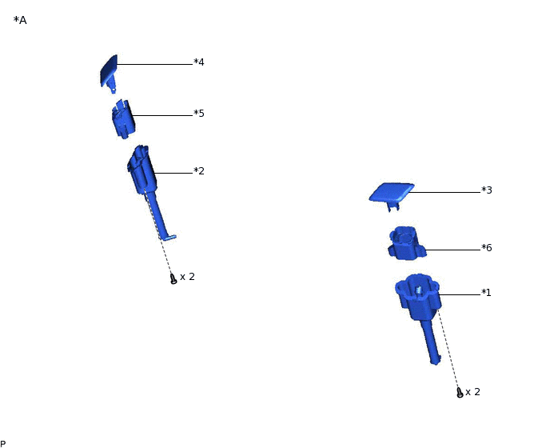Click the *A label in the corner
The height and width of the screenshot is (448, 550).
[x=20, y=20]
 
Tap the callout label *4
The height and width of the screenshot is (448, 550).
[x=199, y=62]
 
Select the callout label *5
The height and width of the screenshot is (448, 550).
[x=199, y=114]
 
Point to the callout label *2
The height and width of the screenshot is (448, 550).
[x=199, y=171]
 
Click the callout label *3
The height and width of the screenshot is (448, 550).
[x=487, y=190]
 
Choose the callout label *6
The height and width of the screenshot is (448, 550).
[x=487, y=247]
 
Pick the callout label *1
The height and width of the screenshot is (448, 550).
[x=487, y=292]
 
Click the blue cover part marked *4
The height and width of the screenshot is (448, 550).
[x=109, y=73]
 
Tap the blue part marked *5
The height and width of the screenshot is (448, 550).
[x=123, y=118]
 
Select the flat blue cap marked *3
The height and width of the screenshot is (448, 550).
[x=392, y=193]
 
